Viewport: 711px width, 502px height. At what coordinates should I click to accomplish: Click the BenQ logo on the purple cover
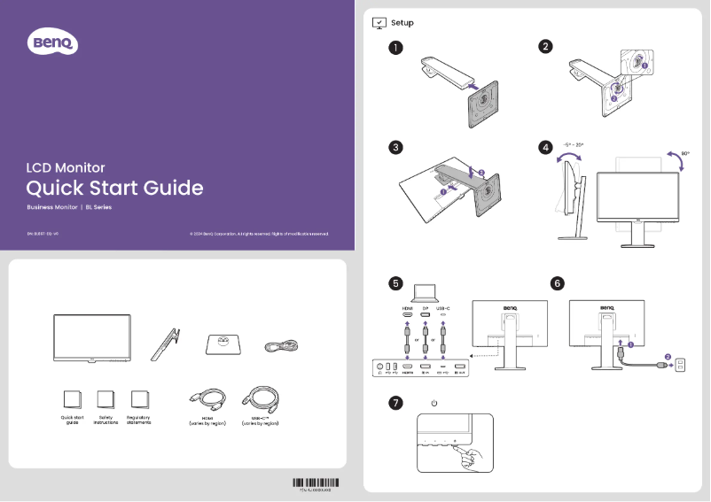tap(54, 42)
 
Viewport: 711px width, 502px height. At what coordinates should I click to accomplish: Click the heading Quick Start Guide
tap(114, 188)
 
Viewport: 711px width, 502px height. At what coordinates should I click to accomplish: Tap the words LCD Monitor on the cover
tap(66, 166)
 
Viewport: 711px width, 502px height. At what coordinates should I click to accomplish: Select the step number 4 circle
tap(547, 147)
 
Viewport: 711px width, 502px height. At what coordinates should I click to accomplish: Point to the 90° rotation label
tap(685, 153)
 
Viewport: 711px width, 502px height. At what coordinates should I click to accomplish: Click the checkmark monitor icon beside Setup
tap(379, 22)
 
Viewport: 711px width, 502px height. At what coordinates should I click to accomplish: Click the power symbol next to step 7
tap(434, 404)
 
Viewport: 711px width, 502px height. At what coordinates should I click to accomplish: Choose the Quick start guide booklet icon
tap(73, 399)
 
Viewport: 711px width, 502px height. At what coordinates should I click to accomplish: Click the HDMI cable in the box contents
tap(208, 398)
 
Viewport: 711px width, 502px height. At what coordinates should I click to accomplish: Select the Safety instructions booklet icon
tap(105, 399)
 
